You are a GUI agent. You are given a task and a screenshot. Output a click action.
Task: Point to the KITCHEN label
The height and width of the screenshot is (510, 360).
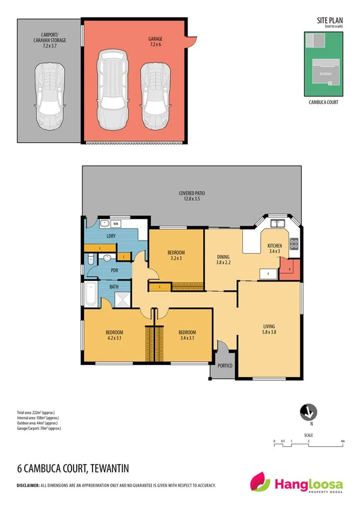coord(275,248)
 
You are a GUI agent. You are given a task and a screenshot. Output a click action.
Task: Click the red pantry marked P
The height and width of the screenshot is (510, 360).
coord(289,270)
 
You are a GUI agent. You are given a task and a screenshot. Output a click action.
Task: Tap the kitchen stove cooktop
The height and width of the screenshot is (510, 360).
coord(294,244)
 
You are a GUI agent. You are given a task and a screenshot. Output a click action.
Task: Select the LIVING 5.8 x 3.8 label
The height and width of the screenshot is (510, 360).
coord(270,329)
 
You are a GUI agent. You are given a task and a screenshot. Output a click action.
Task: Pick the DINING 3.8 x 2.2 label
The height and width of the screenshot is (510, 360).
coord(223,259)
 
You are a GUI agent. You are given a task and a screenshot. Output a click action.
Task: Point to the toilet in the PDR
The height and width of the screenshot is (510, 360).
coord(88,260)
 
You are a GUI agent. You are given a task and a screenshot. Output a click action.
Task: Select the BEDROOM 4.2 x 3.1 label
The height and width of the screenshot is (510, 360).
coord(114,336)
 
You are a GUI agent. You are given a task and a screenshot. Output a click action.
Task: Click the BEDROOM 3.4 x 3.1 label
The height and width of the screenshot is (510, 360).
coord(187,336)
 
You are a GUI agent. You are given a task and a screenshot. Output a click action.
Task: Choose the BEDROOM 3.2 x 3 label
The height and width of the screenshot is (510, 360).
coord(176,255)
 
